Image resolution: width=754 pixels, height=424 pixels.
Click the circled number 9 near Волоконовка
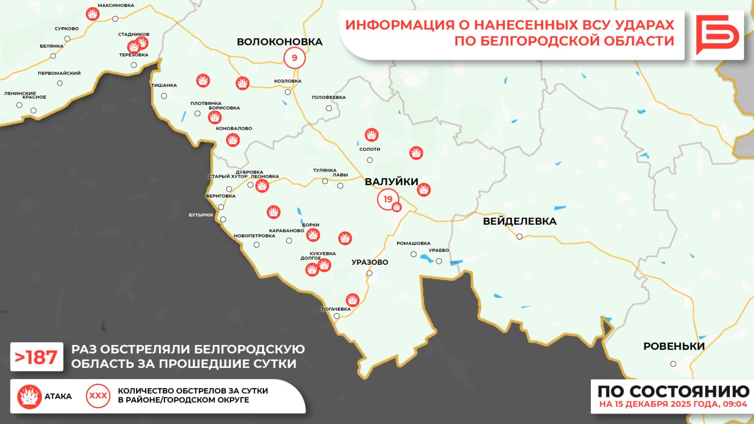coord(295,58)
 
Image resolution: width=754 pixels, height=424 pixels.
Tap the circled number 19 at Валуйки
coord(388,199)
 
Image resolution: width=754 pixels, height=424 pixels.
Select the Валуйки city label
coord(391,182)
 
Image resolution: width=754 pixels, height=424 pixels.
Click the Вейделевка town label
coord(519,222)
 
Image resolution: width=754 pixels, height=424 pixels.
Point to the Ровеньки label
coord(674,346)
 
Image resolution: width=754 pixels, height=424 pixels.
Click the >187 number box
coord(37,357)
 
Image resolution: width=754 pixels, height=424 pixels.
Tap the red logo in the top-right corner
coord(717,35)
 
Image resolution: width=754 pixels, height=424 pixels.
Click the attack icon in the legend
coord(29,396)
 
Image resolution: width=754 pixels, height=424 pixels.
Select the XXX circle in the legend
coord(98,396)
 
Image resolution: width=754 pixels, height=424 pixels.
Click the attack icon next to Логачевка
coord(352,300)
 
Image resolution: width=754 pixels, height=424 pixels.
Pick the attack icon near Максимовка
coord(92,14)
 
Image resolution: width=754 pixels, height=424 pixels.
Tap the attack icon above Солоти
coord(371,135)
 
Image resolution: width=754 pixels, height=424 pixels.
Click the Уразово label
coord(369,262)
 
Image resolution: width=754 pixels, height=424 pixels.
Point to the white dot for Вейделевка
coord(520,236)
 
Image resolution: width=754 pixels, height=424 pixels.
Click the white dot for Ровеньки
coord(673,364)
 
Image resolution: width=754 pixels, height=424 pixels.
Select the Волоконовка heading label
coord(279,42)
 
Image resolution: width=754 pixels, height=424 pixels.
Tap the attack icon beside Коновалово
coord(233,140)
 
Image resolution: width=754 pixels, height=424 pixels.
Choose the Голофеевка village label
coord(329,97)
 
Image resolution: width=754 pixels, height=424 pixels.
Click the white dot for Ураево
coord(439,260)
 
